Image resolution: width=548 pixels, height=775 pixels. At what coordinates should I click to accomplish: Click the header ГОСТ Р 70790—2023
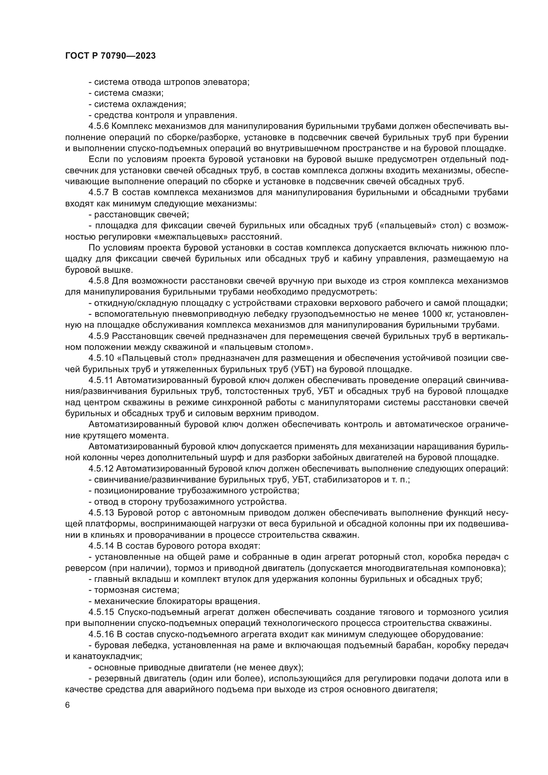pyautogui.click(x=110, y=56)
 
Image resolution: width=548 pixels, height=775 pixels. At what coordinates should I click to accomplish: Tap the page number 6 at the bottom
pyautogui.click(x=68, y=705)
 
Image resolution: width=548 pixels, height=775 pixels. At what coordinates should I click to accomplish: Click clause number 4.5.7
pyautogui.click(x=98, y=193)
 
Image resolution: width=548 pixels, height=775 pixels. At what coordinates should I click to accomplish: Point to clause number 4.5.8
pyautogui.click(x=98, y=281)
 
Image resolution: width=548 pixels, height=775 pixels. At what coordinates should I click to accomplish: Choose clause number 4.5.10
pyautogui.click(x=101, y=358)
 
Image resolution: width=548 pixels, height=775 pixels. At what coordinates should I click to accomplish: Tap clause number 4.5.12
pyautogui.click(x=101, y=469)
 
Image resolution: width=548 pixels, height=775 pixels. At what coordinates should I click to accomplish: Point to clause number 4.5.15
pyautogui.click(x=101, y=612)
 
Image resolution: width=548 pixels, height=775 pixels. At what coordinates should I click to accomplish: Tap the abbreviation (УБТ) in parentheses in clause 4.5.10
pyautogui.click(x=297, y=369)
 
